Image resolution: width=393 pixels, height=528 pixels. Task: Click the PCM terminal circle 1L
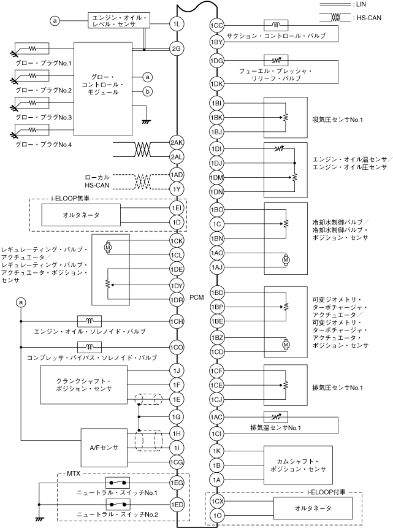177,24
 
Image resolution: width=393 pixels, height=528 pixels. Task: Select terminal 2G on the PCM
177,48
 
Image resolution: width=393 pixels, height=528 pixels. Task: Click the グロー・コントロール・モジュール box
103,88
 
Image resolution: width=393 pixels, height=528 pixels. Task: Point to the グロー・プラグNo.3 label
44,117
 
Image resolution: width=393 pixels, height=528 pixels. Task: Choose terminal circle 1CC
216,26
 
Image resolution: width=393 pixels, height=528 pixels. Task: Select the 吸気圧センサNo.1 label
337,118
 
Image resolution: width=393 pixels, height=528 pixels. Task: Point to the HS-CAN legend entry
367,18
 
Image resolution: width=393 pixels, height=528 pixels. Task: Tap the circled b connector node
147,92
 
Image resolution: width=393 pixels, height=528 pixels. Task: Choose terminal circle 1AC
216,417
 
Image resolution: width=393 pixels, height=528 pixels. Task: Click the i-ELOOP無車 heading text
73,199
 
